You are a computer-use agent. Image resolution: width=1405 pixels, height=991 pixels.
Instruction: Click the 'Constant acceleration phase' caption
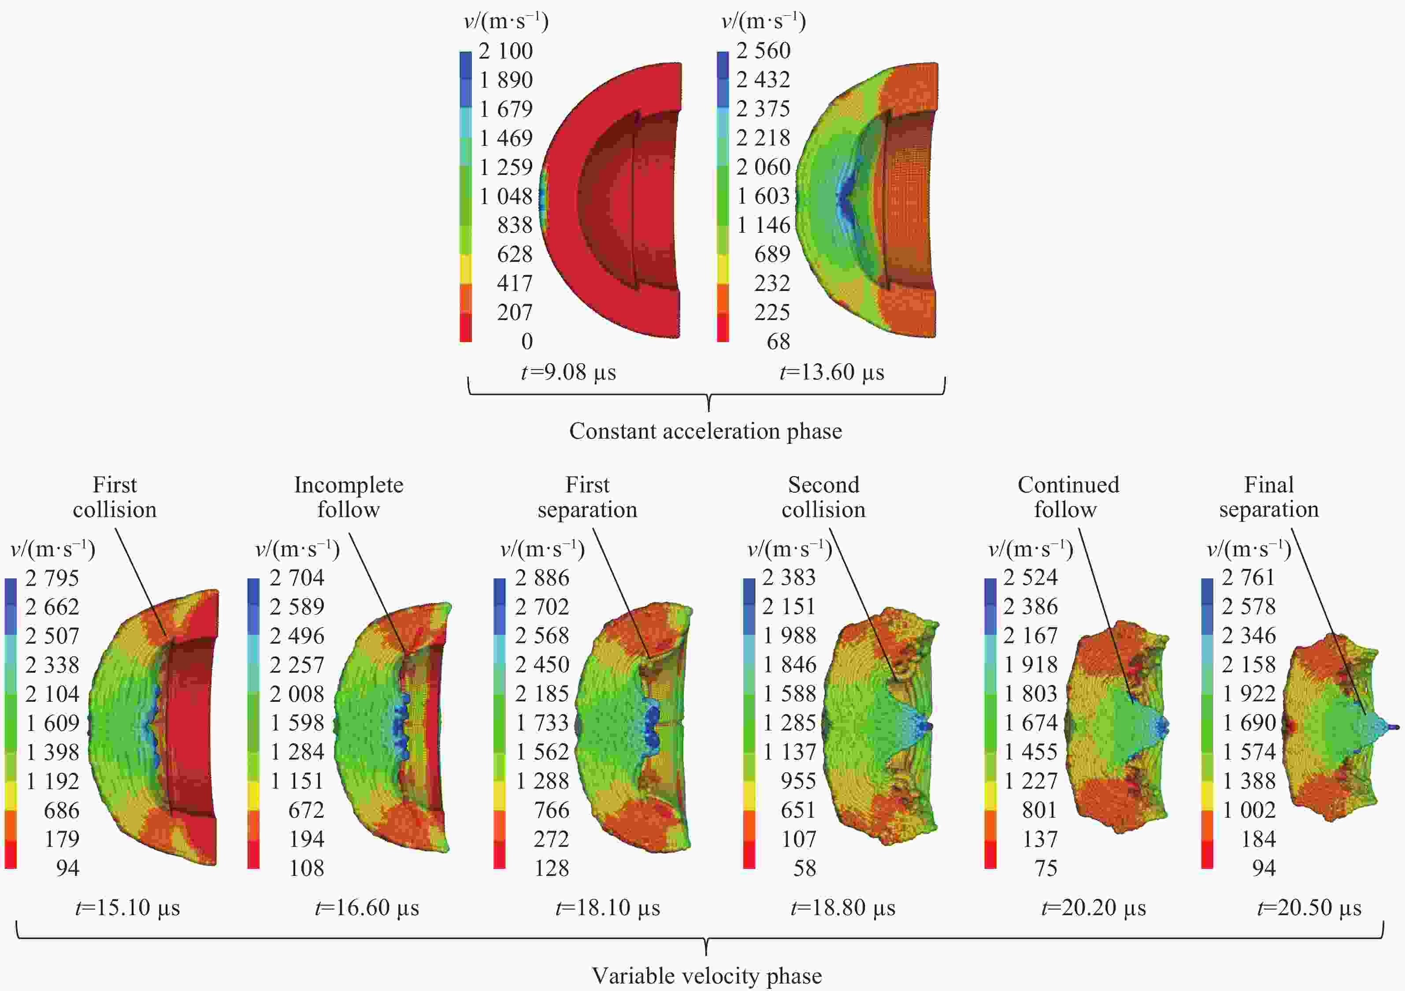705,432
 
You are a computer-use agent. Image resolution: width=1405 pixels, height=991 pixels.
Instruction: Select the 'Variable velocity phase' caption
707,976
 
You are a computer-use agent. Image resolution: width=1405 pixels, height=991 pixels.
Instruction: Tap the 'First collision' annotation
115,497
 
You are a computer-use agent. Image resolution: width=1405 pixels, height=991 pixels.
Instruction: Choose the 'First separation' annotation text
587,497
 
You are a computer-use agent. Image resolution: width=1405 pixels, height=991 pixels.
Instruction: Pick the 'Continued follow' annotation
1068,497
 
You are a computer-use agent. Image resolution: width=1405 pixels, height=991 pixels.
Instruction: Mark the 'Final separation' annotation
1268,497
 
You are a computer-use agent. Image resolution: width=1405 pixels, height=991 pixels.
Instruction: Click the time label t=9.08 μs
568,372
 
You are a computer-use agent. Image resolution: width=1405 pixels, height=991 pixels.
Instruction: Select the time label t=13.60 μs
832,372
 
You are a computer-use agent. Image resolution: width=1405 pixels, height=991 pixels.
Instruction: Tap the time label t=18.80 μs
843,908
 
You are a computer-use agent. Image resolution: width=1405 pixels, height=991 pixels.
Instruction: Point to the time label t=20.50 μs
1309,908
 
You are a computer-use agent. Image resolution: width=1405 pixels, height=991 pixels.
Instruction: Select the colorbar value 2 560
763,50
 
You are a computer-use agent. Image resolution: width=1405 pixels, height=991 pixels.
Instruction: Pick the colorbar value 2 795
52,578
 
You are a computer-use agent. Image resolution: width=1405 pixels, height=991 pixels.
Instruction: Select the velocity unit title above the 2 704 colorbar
297,549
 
